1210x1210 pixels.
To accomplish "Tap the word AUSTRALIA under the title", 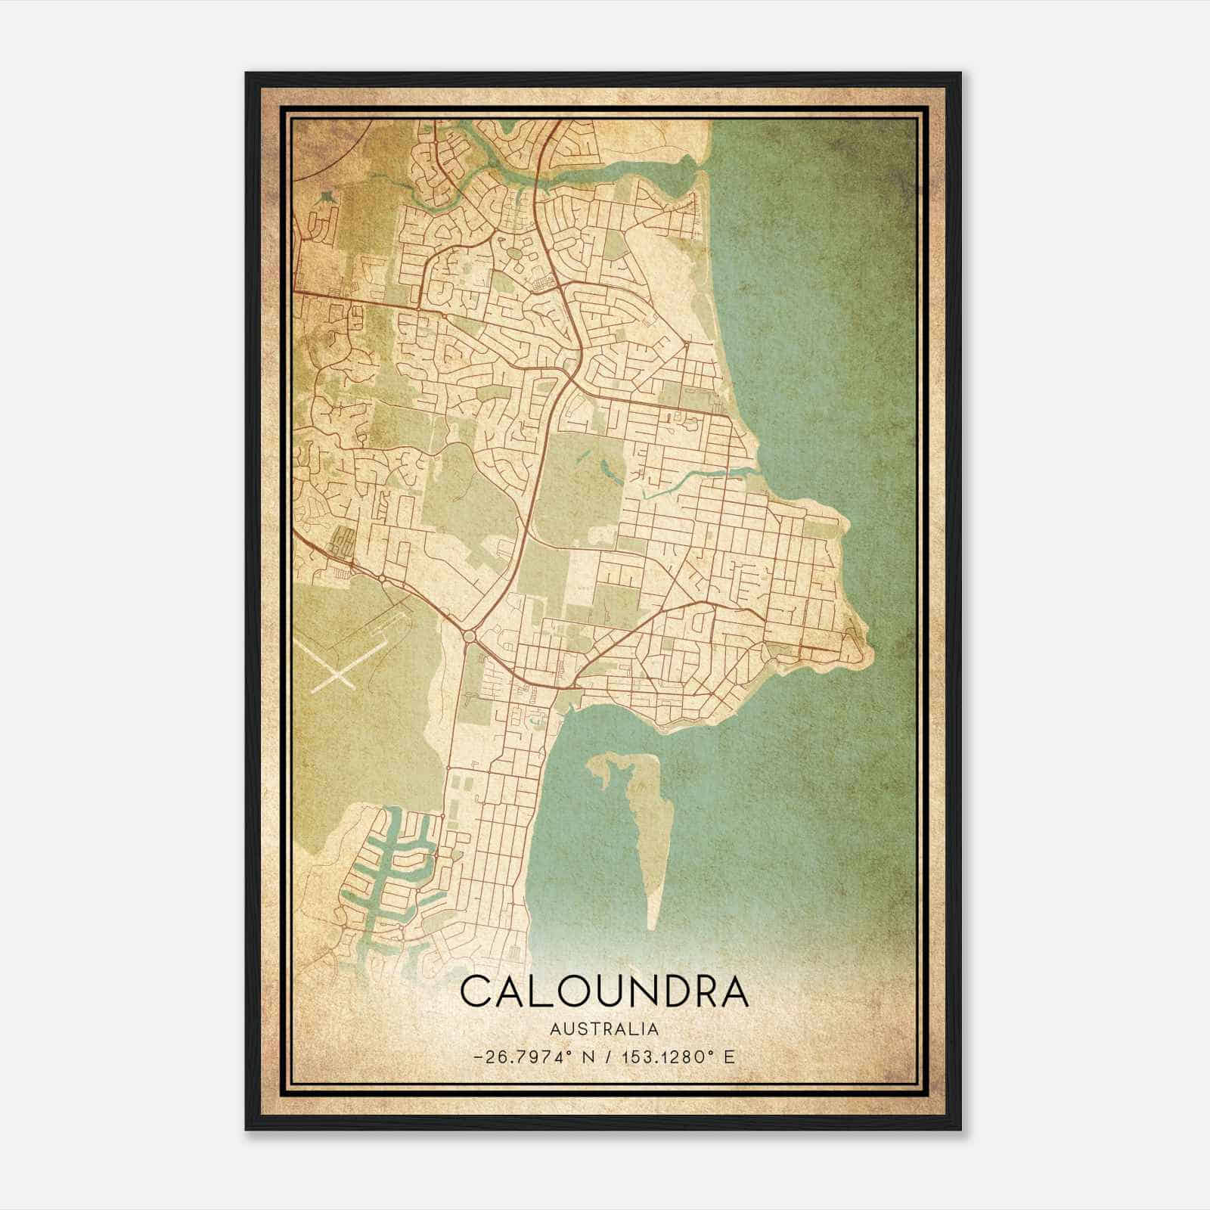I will click(603, 1029).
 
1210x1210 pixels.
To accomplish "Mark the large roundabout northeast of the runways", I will click(469, 637).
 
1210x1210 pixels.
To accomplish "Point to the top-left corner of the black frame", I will click(247, 74).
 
